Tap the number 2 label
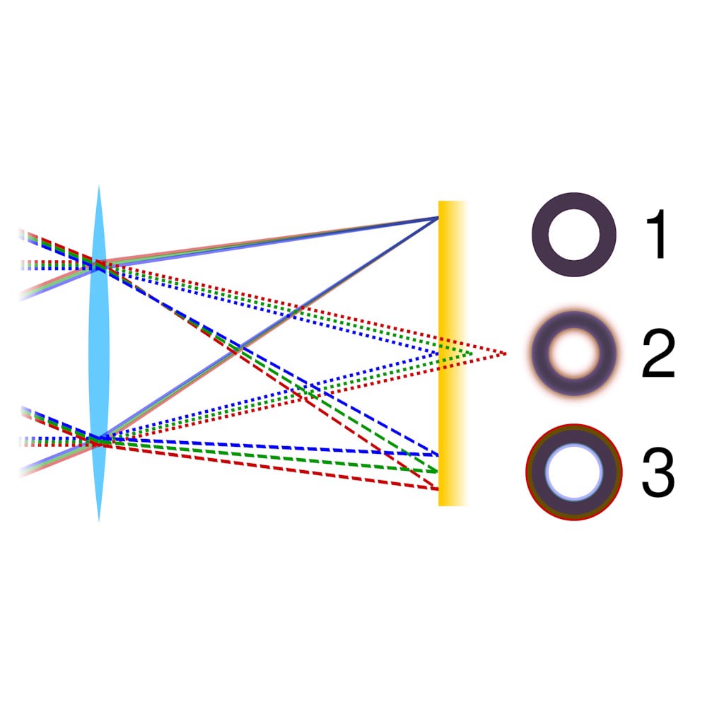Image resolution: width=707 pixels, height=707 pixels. [x=658, y=353]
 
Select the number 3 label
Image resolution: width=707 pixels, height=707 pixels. [x=658, y=472]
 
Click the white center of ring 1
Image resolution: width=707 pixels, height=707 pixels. [x=574, y=235]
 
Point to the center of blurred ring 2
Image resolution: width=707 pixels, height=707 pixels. [x=574, y=353]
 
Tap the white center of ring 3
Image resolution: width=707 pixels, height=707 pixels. [x=574, y=472]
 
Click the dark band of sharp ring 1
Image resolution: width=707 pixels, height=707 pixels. [x=540, y=235]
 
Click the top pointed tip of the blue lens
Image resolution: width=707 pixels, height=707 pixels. [x=99, y=185]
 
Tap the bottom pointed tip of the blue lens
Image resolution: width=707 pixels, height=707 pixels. [x=99, y=522]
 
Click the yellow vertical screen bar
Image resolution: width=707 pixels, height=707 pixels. [x=452, y=353]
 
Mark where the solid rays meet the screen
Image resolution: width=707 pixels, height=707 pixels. [x=438, y=218]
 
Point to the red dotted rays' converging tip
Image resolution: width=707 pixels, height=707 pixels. [x=506, y=353]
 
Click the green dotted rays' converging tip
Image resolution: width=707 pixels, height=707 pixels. [x=472, y=353]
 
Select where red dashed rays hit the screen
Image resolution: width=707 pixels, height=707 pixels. [x=438, y=489]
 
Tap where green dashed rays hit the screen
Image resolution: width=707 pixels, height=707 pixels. [x=438, y=471]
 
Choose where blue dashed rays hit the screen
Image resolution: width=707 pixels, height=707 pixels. [x=438, y=455]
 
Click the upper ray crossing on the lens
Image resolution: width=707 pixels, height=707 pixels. [x=99, y=264]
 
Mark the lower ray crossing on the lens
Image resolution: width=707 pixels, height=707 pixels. [x=99, y=440]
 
